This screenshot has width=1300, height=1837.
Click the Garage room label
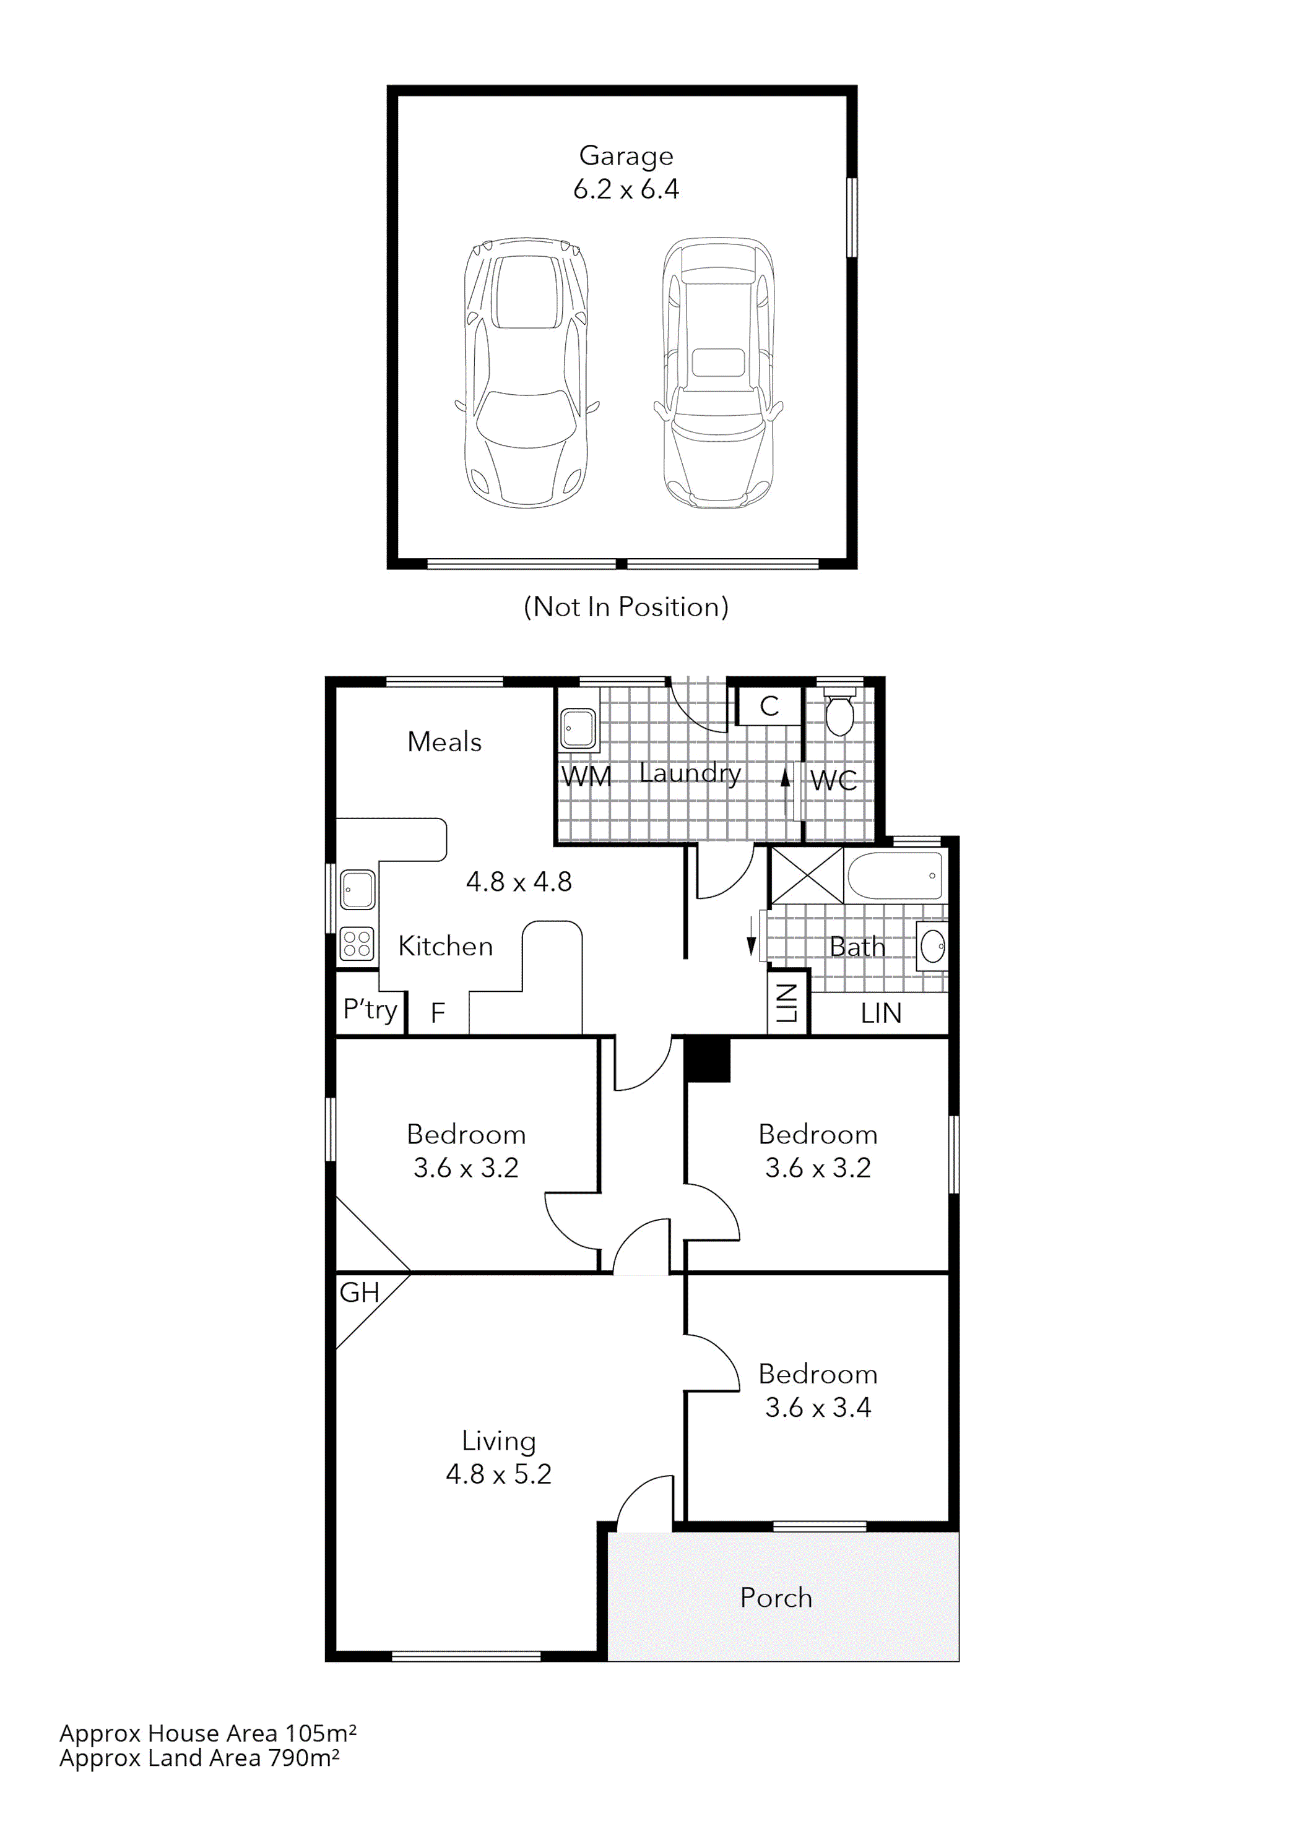click(625, 155)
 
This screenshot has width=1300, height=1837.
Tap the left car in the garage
click(527, 373)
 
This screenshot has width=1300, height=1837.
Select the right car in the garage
click(719, 373)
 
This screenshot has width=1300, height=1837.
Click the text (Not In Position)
click(625, 606)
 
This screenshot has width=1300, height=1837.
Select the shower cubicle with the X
click(807, 876)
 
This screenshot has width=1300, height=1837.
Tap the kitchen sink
click(357, 889)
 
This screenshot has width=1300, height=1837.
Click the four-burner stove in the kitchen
click(357, 942)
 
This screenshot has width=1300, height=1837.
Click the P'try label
click(370, 1010)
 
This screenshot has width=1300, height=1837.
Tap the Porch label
click(776, 1598)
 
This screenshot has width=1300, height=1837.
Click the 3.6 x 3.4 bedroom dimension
click(817, 1408)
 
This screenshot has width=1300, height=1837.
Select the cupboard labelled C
click(768, 706)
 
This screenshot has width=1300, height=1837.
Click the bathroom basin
click(932, 947)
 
